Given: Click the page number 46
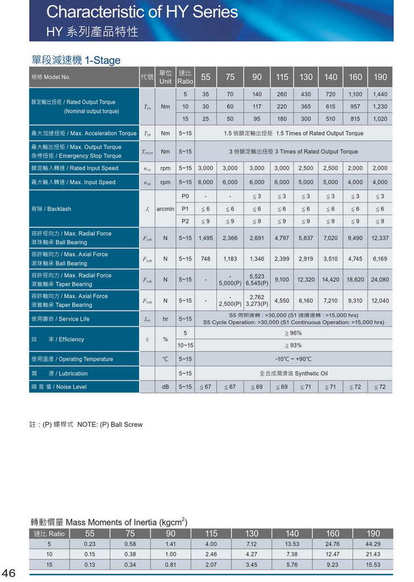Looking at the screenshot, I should [x=9, y=573].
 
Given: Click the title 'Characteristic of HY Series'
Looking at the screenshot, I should [x=142, y=12].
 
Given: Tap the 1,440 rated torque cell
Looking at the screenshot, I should [x=379, y=94].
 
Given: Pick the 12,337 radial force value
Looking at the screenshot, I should [x=379, y=238].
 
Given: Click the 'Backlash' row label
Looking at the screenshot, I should [x=51, y=209].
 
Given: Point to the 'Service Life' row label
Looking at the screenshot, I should [x=60, y=319].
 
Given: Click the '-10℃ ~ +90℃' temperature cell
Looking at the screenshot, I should [x=293, y=359].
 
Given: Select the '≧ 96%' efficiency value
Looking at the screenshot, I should [x=293, y=333].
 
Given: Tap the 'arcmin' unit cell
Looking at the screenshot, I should [x=165, y=209].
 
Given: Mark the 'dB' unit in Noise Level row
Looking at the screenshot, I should [x=165, y=387].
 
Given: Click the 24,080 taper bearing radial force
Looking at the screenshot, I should [x=379, y=279].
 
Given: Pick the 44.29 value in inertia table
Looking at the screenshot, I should [x=373, y=544].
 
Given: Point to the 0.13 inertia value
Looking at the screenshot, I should [x=90, y=564].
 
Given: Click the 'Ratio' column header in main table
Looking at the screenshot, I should [x=185, y=77].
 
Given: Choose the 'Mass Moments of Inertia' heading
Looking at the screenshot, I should [x=109, y=522].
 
